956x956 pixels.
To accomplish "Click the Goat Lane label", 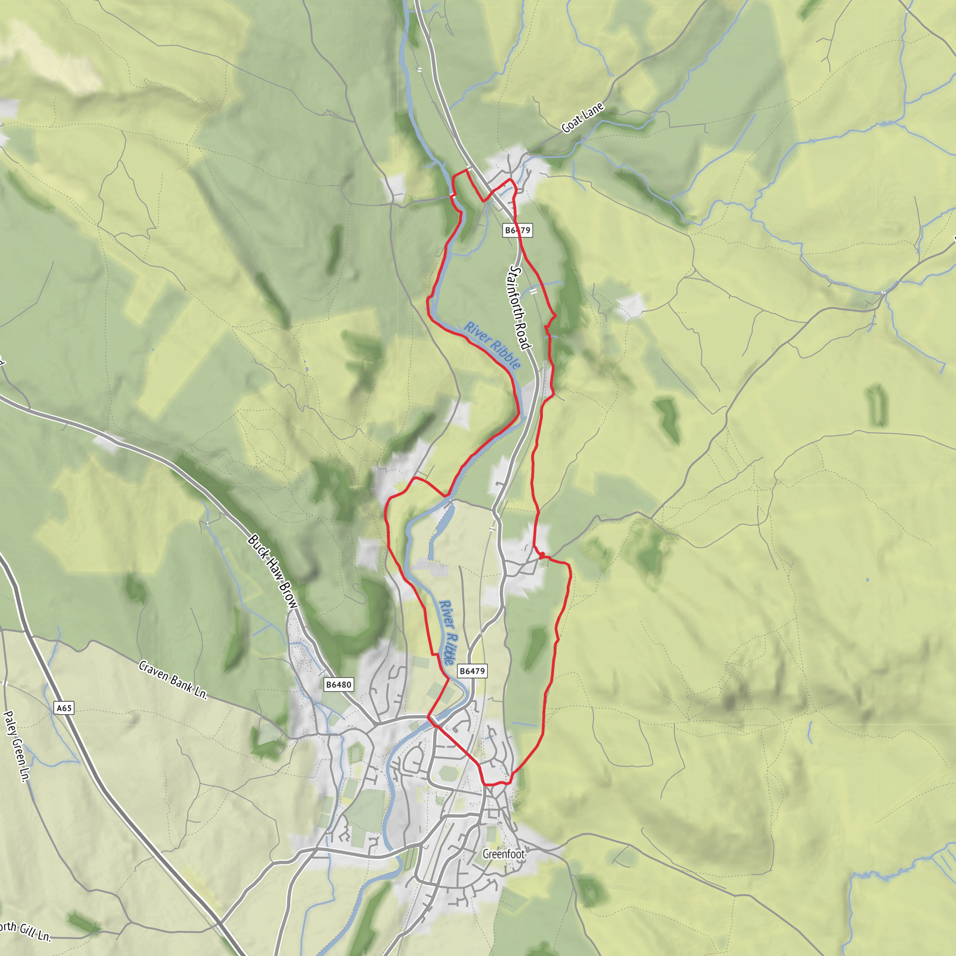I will [x=583, y=118].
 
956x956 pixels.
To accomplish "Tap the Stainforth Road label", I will [x=520, y=307].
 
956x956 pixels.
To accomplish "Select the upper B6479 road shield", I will [x=518, y=230].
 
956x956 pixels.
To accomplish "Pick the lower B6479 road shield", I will [x=472, y=671].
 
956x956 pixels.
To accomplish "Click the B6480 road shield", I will [x=338, y=685].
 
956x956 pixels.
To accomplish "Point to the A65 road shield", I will [x=64, y=708].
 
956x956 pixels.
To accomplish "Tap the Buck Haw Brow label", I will [x=273, y=571].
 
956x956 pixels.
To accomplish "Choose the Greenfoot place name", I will [x=503, y=854].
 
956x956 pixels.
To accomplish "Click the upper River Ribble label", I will [x=492, y=345].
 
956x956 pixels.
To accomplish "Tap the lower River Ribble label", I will [x=447, y=633].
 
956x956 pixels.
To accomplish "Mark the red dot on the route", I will [x=542, y=555].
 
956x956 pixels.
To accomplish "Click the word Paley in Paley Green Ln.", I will [x=9, y=724].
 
